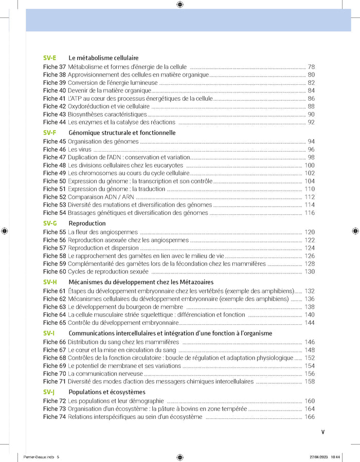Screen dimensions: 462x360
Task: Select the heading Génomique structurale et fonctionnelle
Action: pyautogui.click(x=122, y=133)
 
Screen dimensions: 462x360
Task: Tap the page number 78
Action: pyautogui.click(x=311, y=67)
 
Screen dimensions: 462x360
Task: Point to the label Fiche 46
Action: pyautogui.click(x=54, y=150)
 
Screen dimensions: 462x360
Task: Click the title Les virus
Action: pyautogui.click(x=80, y=150)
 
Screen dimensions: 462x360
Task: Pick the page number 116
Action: pyautogui.click(x=309, y=213)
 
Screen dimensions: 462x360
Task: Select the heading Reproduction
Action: pyautogui.click(x=87, y=224)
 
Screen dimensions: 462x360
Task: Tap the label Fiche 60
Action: pyautogui.click(x=54, y=271)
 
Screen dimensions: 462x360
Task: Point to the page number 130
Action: pyautogui.click(x=309, y=271)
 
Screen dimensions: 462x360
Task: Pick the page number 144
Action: pyautogui.click(x=309, y=323)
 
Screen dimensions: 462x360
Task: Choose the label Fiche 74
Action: pyautogui.click(x=54, y=417)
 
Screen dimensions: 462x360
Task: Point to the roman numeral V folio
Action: pyautogui.click(x=323, y=432)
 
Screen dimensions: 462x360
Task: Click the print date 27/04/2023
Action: pyautogui.click(x=319, y=456)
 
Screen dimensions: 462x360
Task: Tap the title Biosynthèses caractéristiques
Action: pyautogui.click(x=107, y=114)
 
